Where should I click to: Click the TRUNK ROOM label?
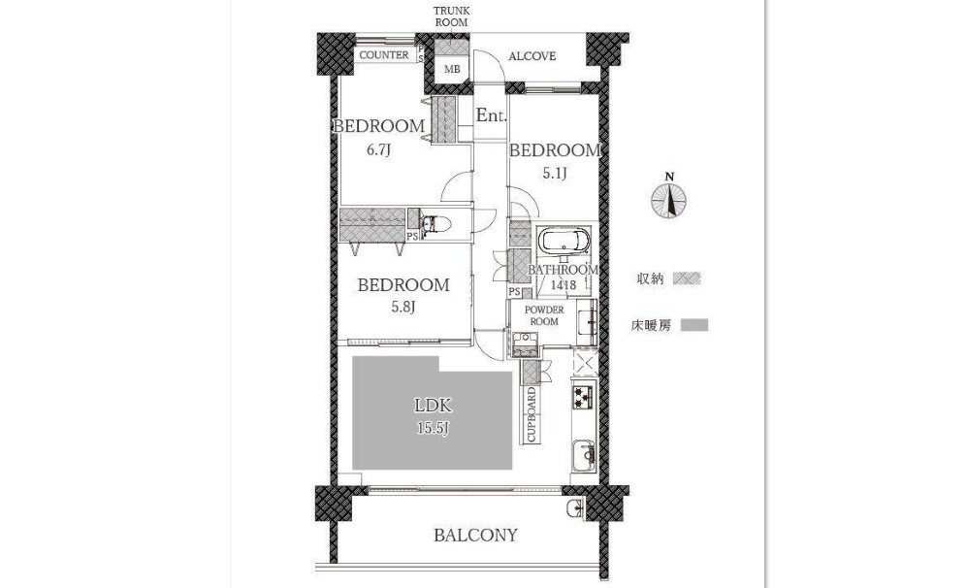click(x=451, y=16)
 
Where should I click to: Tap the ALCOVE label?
click(x=532, y=56)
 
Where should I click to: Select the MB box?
click(x=452, y=70)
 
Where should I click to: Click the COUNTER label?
click(x=383, y=55)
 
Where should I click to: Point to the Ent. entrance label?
click(x=492, y=115)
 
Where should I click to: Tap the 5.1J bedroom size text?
click(x=555, y=174)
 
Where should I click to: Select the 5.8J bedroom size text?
click(x=403, y=307)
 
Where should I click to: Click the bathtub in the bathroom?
click(x=564, y=241)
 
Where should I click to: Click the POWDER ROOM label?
click(x=544, y=315)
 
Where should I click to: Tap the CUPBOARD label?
click(x=531, y=414)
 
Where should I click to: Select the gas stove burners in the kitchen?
click(x=583, y=396)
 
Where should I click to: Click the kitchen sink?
click(x=584, y=455)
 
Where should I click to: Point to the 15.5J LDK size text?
click(x=433, y=428)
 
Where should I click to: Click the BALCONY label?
click(x=475, y=535)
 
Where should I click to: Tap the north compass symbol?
click(x=669, y=198)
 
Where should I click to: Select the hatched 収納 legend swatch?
click(x=687, y=278)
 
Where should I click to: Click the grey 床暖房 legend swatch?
click(x=694, y=325)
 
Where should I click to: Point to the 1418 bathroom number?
click(x=564, y=285)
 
